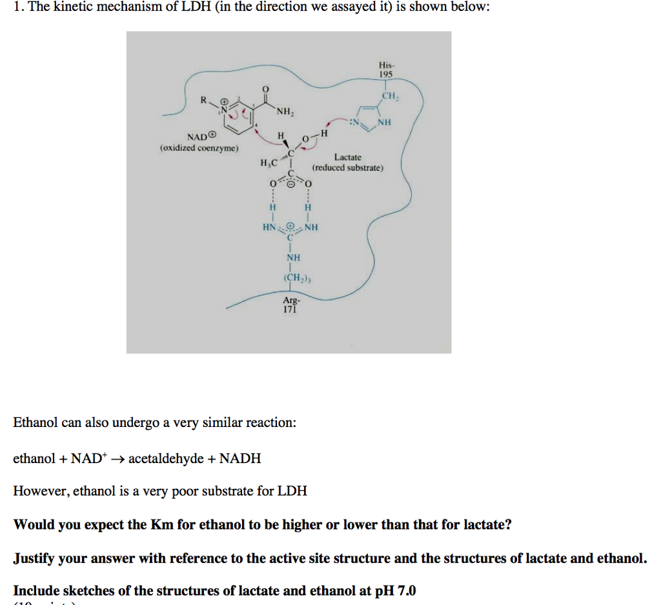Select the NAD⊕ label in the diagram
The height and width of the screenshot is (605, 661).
tap(202, 137)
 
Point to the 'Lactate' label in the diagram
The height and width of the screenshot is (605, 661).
tap(348, 157)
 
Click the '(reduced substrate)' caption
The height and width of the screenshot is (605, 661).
tap(348, 168)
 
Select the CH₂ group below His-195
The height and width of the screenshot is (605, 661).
tap(389, 96)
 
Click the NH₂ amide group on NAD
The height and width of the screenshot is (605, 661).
tap(285, 112)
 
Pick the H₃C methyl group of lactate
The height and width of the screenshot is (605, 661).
tap(268, 163)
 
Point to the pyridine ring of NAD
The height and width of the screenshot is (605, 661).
tap(240, 116)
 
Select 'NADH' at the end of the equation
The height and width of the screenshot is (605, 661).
tap(240, 459)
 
